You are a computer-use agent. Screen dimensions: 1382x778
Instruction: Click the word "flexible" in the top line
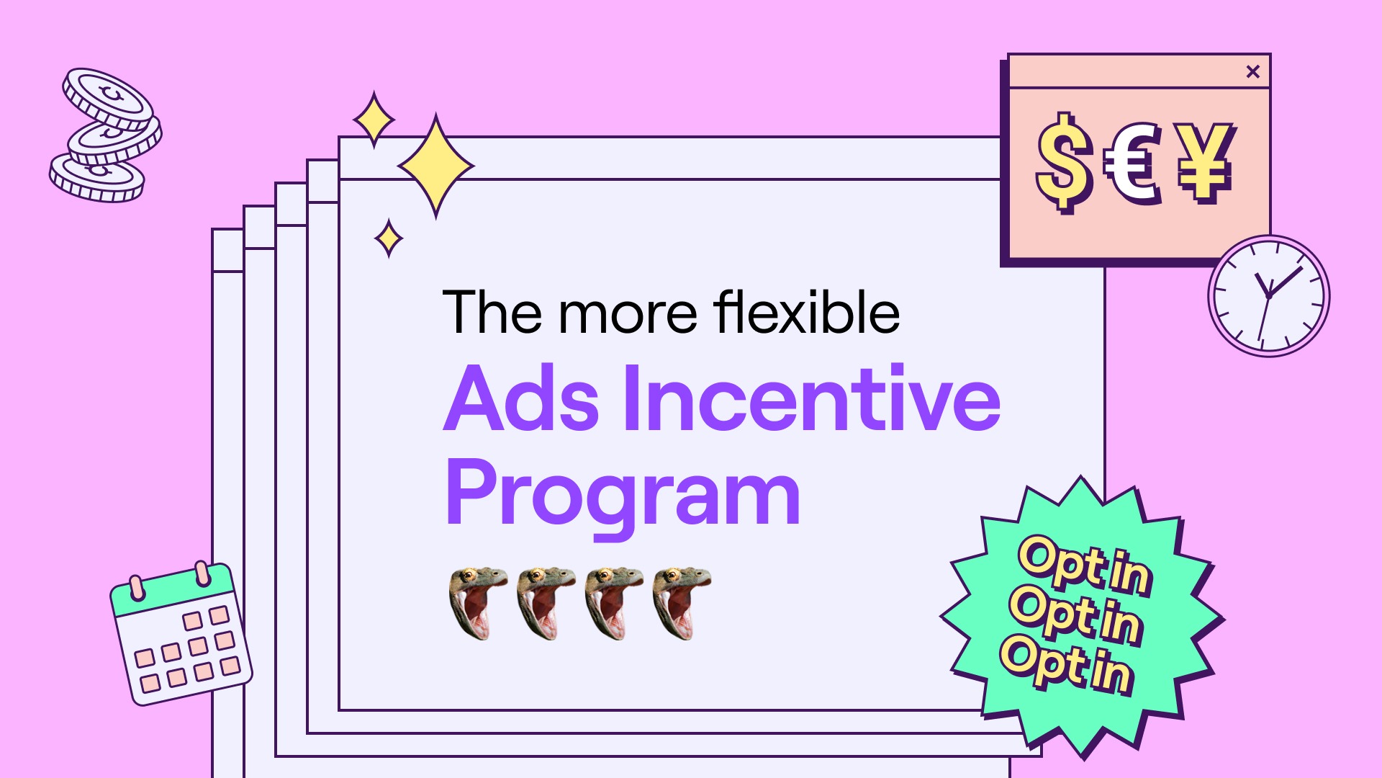coord(806,312)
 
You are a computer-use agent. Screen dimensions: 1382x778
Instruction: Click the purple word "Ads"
coord(521,398)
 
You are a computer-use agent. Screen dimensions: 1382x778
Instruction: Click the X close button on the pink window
coord(1252,71)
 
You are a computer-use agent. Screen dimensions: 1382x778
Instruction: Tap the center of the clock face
coord(1268,296)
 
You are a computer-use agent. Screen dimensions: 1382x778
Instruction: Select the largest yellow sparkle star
coord(435,166)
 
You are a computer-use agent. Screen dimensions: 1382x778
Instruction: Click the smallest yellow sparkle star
coord(389,238)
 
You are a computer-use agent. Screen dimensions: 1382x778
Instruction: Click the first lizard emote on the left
coord(478,603)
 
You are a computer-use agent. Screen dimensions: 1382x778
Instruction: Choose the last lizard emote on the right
coord(682,603)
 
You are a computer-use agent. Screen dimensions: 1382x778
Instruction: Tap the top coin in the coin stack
coord(107,99)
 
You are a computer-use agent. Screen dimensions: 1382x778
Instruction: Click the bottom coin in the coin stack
coord(97,178)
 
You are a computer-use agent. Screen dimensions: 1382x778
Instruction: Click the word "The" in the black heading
coord(492,313)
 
